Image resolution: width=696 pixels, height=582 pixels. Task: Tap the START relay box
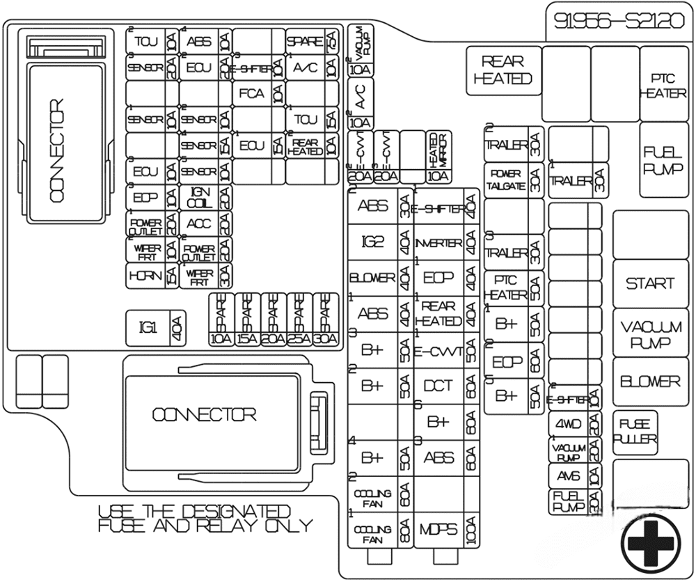pos(649,283)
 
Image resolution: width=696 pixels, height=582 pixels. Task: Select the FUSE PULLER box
pos(635,431)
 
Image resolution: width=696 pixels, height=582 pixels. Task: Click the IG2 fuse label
pos(373,242)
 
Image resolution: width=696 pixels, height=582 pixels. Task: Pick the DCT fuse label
pos(438,386)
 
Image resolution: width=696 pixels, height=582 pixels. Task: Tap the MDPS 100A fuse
pos(446,530)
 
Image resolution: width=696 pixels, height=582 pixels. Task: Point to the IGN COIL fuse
pos(199,197)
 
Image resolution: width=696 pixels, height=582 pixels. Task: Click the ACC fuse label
pos(199,223)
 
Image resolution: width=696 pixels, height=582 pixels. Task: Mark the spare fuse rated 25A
pos(299,320)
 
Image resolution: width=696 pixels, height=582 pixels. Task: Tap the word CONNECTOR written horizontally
pos(204,415)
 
